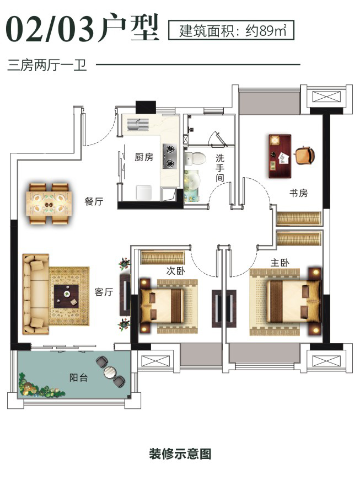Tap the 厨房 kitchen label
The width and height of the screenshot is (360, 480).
[x=144, y=157]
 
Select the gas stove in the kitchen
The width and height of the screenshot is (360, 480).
[x=169, y=156]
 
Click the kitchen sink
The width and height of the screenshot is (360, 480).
[x=138, y=124]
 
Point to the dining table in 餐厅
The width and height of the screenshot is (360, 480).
[x=49, y=203]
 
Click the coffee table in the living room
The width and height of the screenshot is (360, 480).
[x=66, y=296]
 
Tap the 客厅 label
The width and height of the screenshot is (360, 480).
[x=104, y=292]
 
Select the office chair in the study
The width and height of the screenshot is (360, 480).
[x=304, y=155]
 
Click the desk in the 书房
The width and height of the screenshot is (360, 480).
[x=280, y=156]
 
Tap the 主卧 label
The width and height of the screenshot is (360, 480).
[x=280, y=263]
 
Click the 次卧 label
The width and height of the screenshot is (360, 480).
[x=175, y=270]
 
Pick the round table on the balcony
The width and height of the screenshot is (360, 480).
[x=110, y=372]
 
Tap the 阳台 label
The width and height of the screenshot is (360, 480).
[x=79, y=377]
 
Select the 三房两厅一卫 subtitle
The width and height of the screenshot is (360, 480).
[x=47, y=65]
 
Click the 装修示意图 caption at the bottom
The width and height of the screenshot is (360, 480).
[x=180, y=454]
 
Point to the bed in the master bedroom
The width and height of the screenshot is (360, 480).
[x=294, y=302]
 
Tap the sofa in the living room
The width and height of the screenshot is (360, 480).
[x=36, y=294]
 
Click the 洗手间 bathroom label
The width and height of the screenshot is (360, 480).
[x=219, y=168]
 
